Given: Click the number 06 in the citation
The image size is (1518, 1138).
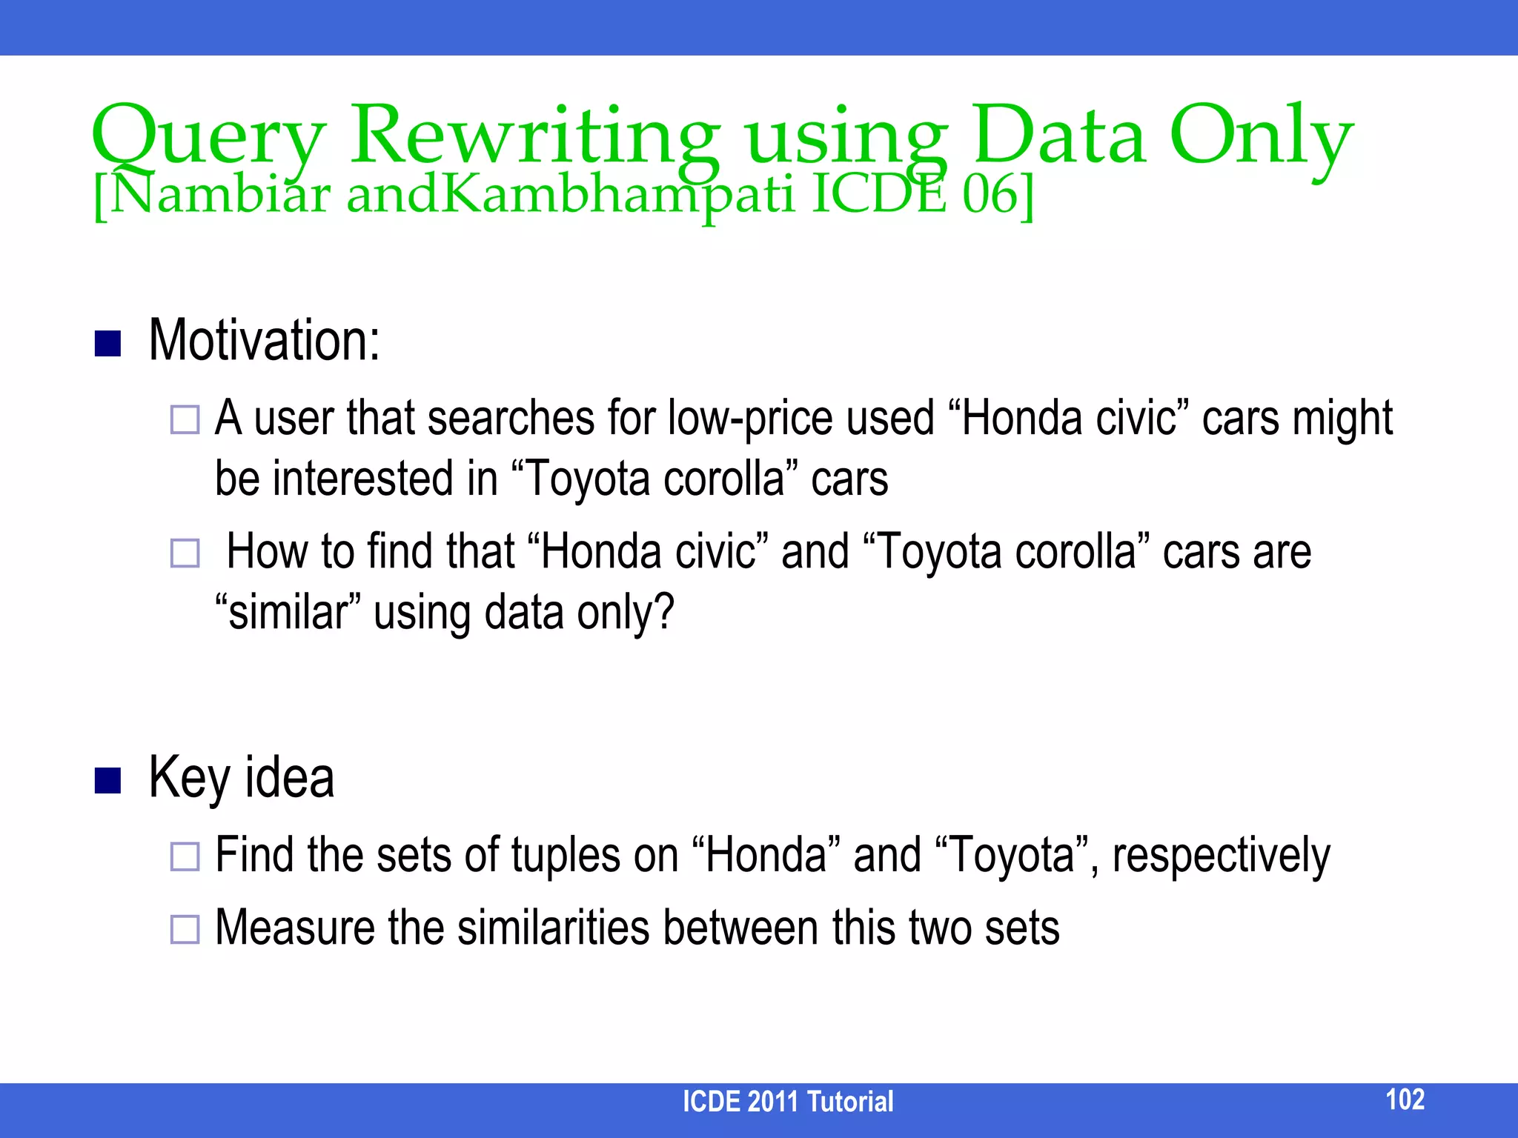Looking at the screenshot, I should [x=990, y=194].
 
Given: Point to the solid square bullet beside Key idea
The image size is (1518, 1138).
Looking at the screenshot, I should [x=108, y=780].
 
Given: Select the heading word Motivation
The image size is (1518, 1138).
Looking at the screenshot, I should [x=264, y=341].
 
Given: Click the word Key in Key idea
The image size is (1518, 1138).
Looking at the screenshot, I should [x=190, y=778].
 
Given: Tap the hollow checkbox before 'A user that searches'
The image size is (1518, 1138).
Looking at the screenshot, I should [x=185, y=419].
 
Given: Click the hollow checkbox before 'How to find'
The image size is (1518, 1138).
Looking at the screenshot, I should [x=185, y=553].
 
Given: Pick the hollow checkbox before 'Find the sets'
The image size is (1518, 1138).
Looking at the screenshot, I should [x=185, y=856].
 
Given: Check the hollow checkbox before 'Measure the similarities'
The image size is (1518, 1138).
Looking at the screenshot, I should [x=185, y=929].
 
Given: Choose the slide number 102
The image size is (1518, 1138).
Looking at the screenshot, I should [x=1405, y=1099].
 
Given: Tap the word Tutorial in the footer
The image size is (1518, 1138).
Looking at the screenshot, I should [x=849, y=1102].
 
